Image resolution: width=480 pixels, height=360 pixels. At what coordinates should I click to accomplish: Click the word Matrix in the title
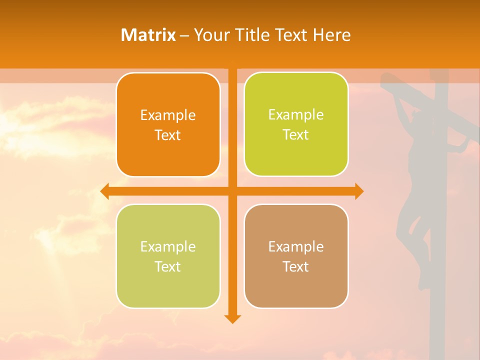[x=148, y=35]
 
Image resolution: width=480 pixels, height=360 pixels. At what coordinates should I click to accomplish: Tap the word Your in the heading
[x=209, y=35]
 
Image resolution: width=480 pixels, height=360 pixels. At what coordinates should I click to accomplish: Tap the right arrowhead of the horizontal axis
[x=359, y=191]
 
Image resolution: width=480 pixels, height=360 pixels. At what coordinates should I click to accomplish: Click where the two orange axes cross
[x=232, y=191]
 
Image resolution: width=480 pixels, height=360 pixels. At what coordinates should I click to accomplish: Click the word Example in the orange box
[x=168, y=115]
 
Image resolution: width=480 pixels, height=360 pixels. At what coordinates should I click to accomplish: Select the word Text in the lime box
[x=296, y=135]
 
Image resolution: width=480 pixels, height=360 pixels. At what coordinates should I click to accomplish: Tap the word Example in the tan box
[x=296, y=246]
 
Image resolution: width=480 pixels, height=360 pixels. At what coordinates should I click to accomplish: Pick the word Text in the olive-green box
[x=168, y=266]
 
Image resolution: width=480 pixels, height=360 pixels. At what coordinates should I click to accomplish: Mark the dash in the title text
[x=184, y=35]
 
